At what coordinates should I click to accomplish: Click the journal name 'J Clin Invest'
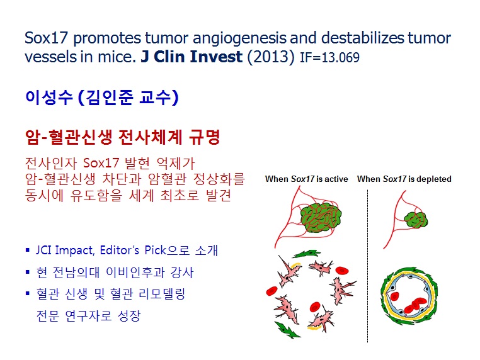point(191,57)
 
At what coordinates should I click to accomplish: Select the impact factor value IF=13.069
point(329,57)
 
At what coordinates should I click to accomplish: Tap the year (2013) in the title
point(271,57)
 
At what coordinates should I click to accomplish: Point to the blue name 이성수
point(49,98)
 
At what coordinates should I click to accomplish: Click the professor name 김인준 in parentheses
point(109,98)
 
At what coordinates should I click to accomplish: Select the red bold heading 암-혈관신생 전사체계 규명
point(122,137)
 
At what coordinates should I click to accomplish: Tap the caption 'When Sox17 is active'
point(306,179)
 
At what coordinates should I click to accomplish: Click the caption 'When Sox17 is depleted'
point(404,179)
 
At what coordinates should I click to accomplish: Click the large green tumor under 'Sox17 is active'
point(321,217)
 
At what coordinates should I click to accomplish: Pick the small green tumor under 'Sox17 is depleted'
point(416,220)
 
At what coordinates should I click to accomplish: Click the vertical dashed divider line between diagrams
point(367,266)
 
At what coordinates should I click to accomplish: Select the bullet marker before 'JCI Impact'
point(28,250)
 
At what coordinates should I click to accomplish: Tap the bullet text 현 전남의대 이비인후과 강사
point(115,273)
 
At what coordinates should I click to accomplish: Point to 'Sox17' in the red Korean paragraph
point(101,163)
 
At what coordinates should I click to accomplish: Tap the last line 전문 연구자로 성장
point(88,315)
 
